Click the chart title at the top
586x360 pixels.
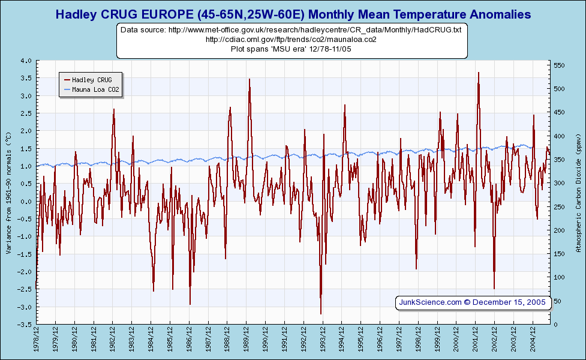click(293, 14)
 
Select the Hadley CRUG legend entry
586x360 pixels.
click(91, 79)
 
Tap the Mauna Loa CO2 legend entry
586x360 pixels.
click(91, 90)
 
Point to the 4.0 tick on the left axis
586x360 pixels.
click(26, 61)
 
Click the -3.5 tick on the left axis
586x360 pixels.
click(25, 325)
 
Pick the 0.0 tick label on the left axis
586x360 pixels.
click(26, 202)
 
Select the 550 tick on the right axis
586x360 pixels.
click(559, 65)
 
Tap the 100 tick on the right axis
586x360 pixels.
click(559, 277)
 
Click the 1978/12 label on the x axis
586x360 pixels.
click(37, 339)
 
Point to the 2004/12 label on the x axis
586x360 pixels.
click(533, 339)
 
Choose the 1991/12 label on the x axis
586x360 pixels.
click(285, 339)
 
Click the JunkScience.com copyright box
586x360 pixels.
click(473, 302)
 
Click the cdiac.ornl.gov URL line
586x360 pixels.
click(291, 39)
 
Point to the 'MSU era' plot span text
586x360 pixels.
click(291, 49)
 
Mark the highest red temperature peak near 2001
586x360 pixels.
click(478, 73)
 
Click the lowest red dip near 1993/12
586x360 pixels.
click(321, 313)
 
